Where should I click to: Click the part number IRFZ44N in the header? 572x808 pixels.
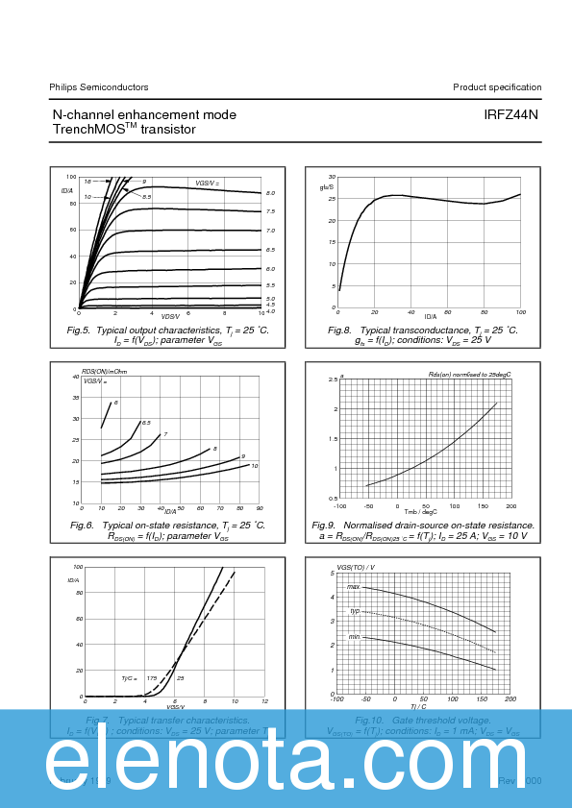(x=511, y=114)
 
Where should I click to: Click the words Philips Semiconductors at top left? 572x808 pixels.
(x=99, y=86)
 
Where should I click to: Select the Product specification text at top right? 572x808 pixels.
(x=497, y=86)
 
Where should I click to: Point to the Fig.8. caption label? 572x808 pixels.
(x=343, y=330)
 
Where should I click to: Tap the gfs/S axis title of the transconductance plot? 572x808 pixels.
(x=326, y=187)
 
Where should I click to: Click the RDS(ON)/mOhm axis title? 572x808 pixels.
(x=104, y=371)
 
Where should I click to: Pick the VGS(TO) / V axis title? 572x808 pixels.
(x=356, y=568)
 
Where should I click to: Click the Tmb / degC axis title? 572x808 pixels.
(x=420, y=511)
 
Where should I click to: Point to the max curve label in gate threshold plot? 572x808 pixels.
(x=353, y=586)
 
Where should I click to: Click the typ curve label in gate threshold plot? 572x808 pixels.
(x=354, y=611)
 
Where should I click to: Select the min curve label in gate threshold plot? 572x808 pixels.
(x=354, y=636)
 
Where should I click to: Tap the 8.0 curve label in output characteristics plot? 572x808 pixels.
(x=271, y=193)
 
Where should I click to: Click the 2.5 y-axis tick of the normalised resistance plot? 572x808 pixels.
(x=333, y=380)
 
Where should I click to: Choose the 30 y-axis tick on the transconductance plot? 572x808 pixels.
(x=331, y=178)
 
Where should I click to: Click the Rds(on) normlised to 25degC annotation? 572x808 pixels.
(x=469, y=374)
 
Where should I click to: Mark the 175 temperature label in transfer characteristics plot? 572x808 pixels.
(x=151, y=678)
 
